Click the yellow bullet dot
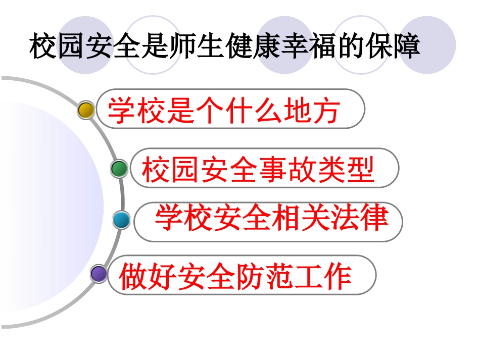(x=86, y=110)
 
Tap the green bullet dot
(x=119, y=169)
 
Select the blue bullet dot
(x=121, y=220)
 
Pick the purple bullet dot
(x=99, y=274)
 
